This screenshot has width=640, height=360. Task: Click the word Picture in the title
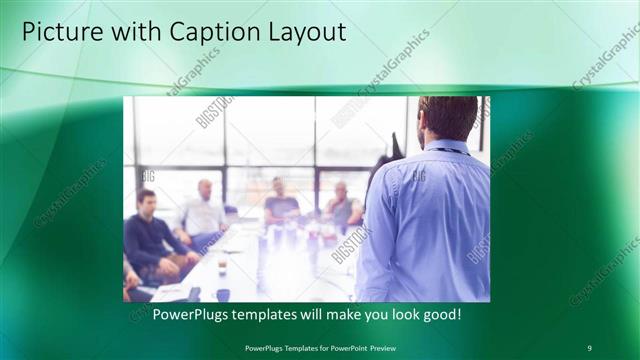[60, 32]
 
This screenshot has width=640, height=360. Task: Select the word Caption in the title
[201, 32]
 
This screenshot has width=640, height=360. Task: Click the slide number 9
[589, 347]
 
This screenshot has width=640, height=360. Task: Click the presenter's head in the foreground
[447, 118]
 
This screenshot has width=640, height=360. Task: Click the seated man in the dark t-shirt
[281, 205]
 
